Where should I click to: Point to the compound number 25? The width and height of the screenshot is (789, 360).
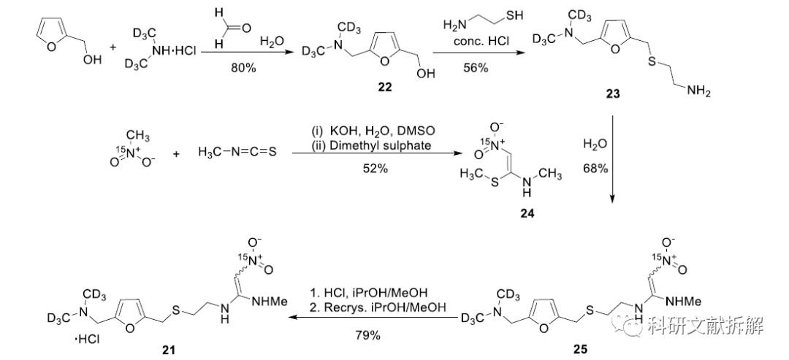click(x=580, y=348)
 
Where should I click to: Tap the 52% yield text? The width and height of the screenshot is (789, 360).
click(x=376, y=169)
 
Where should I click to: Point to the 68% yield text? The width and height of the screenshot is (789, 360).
click(x=596, y=169)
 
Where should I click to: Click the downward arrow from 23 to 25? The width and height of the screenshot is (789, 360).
click(x=612, y=159)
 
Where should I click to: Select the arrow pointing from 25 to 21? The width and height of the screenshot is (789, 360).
click(x=376, y=318)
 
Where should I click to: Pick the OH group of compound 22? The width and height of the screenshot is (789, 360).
click(x=426, y=74)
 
